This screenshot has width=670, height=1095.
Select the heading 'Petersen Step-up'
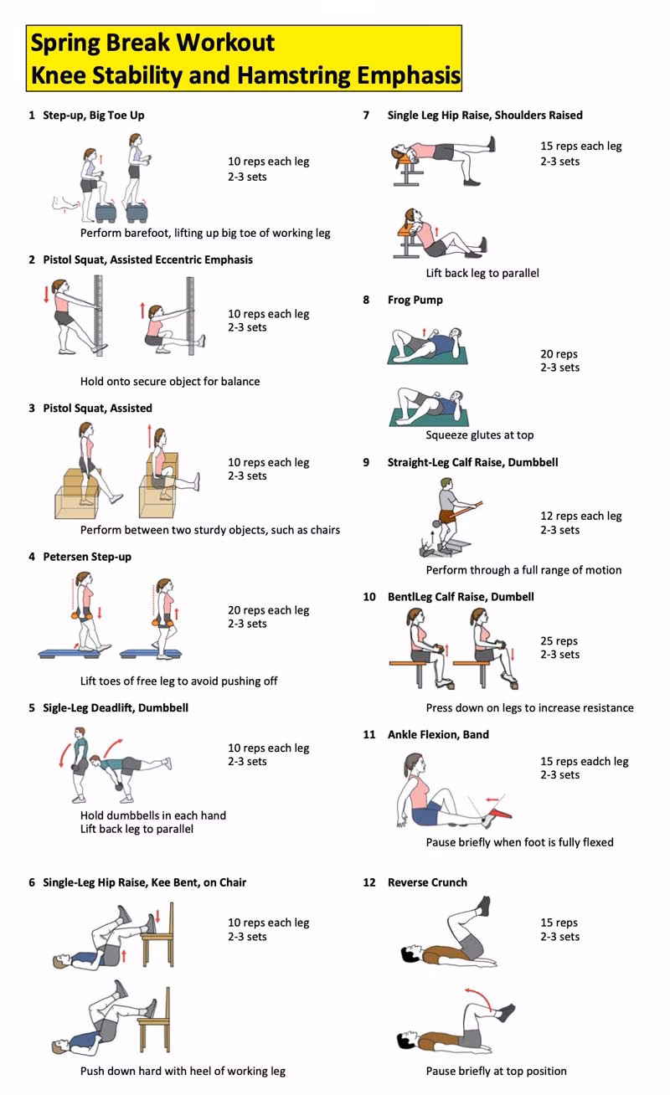point(87,557)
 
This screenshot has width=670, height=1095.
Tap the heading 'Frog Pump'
point(415,300)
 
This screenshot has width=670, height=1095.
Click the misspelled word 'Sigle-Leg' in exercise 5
point(67,707)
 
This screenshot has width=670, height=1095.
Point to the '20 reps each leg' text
point(268,610)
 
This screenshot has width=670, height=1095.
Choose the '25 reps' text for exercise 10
point(559,641)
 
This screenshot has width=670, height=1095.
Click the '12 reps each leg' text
point(580,517)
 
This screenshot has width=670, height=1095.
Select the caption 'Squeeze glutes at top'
point(479,435)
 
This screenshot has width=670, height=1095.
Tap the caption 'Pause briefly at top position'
point(496,1071)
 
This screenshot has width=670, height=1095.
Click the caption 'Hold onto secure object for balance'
point(170,382)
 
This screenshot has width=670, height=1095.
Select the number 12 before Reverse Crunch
point(369,882)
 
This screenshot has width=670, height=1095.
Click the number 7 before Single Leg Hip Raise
point(366,116)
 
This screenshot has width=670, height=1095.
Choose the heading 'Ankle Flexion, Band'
point(438,735)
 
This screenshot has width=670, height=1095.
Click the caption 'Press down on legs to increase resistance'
point(529,708)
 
